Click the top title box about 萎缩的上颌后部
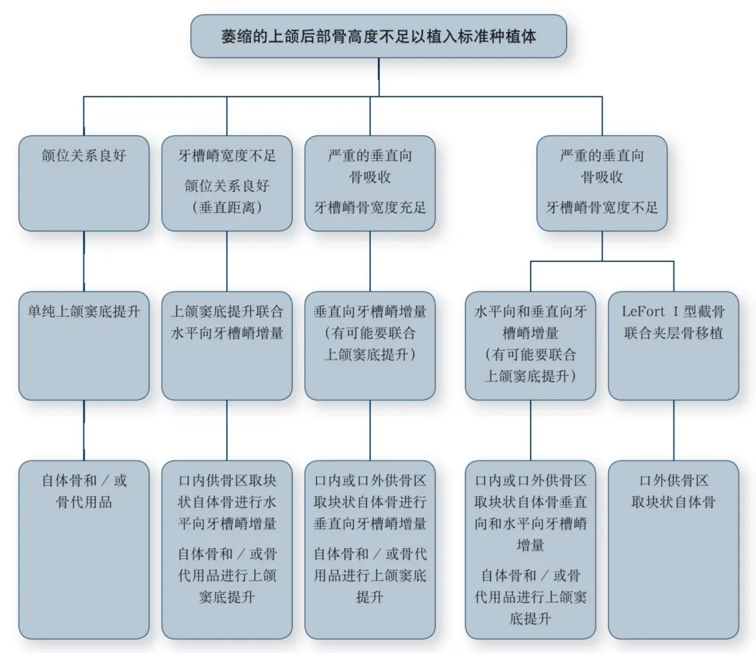pyautogui.click(x=379, y=36)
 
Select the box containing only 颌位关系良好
pyautogui.click(x=84, y=183)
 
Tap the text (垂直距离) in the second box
pyautogui.click(x=227, y=207)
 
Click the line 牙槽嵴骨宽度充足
pyautogui.click(x=370, y=207)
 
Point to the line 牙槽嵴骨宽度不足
pyautogui.click(x=602, y=207)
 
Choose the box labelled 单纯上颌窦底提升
pyautogui.click(x=84, y=345)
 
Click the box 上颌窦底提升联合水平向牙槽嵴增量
pyautogui.click(x=227, y=345)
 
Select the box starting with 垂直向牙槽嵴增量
pyautogui.click(x=370, y=345)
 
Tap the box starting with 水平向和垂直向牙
pyautogui.click(x=530, y=345)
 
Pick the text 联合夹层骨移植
pyautogui.click(x=673, y=332)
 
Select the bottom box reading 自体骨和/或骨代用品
pyautogui.click(x=84, y=549)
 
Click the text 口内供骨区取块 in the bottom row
pyautogui.click(x=227, y=481)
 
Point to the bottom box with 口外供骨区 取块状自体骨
pyautogui.click(x=673, y=549)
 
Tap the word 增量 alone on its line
pyautogui.click(x=530, y=545)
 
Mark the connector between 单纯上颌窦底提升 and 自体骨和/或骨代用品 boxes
pyautogui.click(x=84, y=430)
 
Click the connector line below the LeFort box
pyautogui.click(x=673, y=430)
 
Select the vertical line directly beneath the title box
pyautogui.click(x=379, y=77)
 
